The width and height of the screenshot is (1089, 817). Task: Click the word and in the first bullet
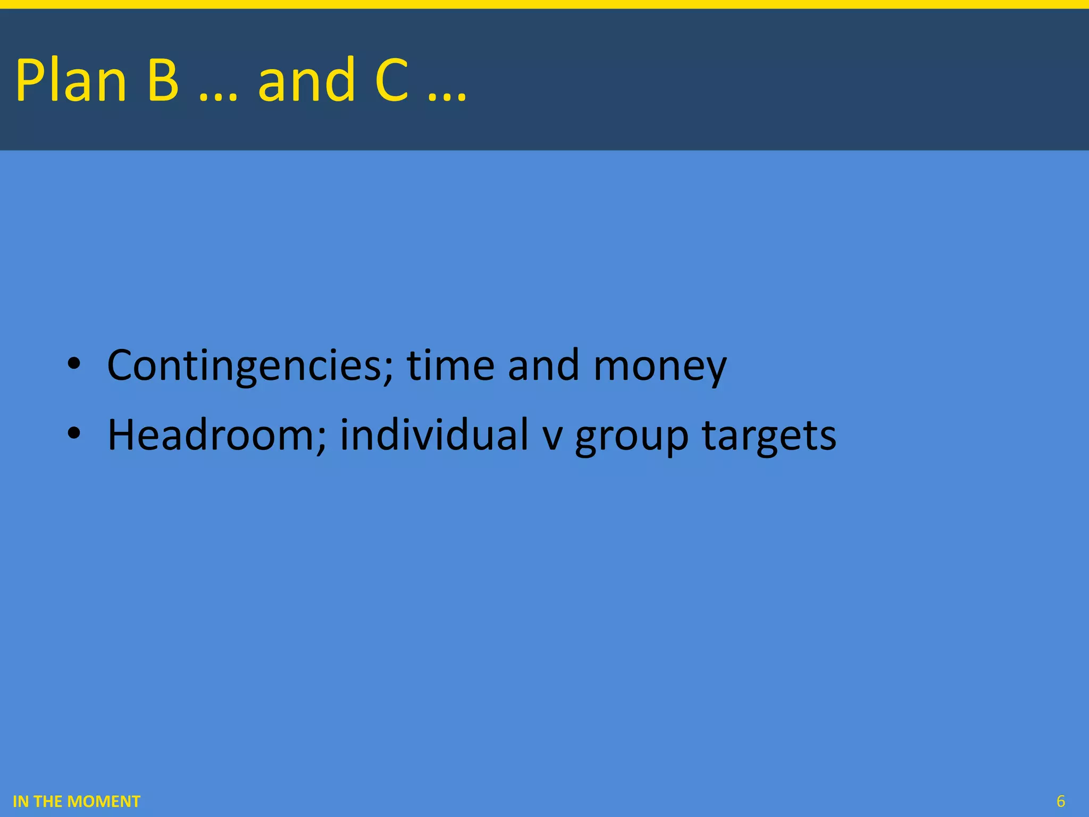[x=543, y=365]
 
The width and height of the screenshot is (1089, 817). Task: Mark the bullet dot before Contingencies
[x=74, y=364]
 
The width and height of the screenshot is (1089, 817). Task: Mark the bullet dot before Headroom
[x=74, y=433]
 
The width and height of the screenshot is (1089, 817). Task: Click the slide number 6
[x=1061, y=801]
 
